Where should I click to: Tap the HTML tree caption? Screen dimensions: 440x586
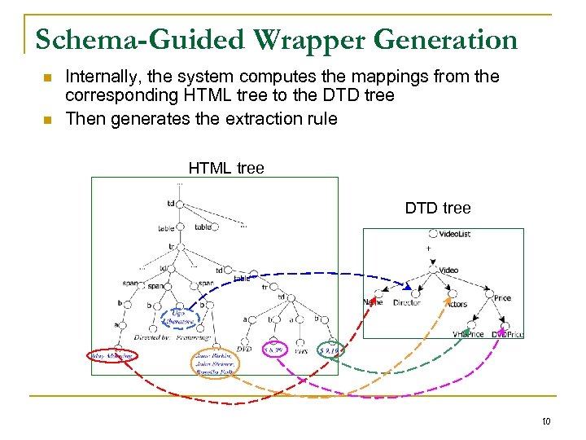[x=226, y=169]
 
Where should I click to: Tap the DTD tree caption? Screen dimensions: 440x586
[x=438, y=209]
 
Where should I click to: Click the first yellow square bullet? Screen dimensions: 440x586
[x=47, y=77]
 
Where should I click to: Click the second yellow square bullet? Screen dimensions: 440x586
[x=47, y=119]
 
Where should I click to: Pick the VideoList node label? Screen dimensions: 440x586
[x=454, y=235]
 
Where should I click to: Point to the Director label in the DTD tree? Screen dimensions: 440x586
[x=407, y=302]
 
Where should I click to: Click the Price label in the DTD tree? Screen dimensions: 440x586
[x=502, y=298]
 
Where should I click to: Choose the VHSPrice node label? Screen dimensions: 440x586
[x=468, y=334]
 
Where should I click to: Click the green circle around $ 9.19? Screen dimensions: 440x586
[x=328, y=350]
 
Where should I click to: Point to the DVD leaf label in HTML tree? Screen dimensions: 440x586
[x=244, y=349]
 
